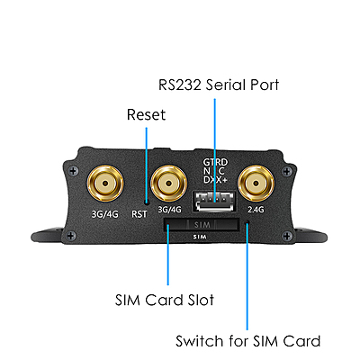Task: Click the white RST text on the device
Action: tap(139, 213)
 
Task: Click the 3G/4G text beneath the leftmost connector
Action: tap(105, 213)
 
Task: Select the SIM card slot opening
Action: tap(202, 224)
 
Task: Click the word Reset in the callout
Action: tap(146, 116)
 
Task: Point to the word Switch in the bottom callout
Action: tap(199, 341)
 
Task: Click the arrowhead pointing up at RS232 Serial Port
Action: tap(215, 101)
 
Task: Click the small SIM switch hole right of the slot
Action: tap(247, 225)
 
